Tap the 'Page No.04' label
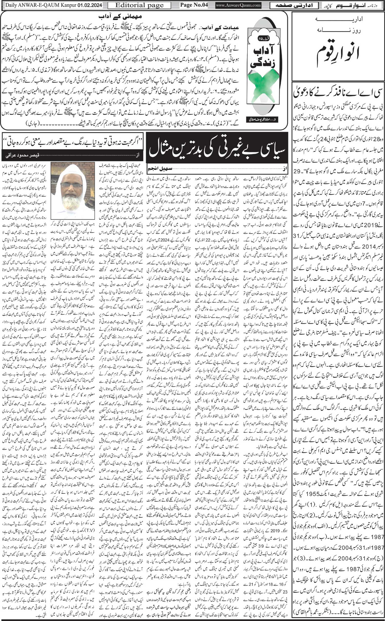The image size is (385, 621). pyautogui.click(x=193, y=5)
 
